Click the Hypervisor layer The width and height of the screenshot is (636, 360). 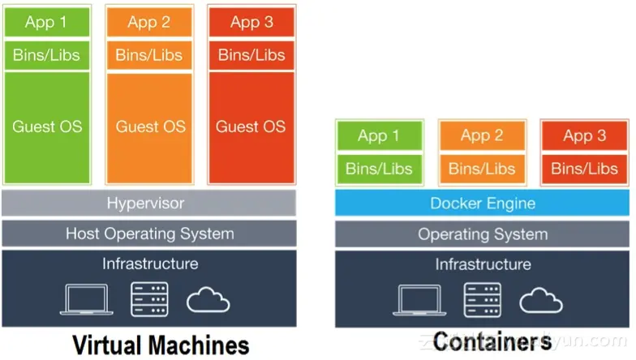pyautogui.click(x=149, y=203)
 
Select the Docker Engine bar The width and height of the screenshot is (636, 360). pyautogui.click(x=482, y=203)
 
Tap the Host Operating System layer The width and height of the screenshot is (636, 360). pyautogui.click(x=149, y=234)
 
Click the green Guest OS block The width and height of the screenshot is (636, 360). pyautogui.click(x=47, y=127)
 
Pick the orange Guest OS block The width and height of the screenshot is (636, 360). pyautogui.click(x=149, y=127)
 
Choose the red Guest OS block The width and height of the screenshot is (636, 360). pyautogui.click(x=251, y=127)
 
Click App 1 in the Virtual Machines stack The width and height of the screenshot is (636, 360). pyautogui.click(x=47, y=23)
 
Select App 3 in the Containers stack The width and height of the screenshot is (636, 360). pyautogui.click(x=584, y=135)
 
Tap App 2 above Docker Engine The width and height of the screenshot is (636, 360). pyautogui.click(x=482, y=135)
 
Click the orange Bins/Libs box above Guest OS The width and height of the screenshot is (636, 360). pyautogui.click(x=149, y=55)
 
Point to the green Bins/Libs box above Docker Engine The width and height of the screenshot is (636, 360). pyautogui.click(x=380, y=169)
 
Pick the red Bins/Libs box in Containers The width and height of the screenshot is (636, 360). pyautogui.click(x=584, y=169)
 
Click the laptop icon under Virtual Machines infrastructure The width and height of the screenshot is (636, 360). pyautogui.click(x=86, y=300)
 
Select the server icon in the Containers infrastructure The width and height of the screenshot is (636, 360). pyautogui.click(x=482, y=300)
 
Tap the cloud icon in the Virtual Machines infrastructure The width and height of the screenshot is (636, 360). pyautogui.click(x=208, y=300)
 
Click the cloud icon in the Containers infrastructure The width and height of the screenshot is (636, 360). pyautogui.click(x=541, y=300)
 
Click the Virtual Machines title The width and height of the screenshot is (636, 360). pyautogui.click(x=161, y=345)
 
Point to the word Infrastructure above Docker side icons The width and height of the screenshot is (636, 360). pyautogui.click(x=483, y=264)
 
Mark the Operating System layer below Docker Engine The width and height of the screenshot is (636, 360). pyautogui.click(x=482, y=234)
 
